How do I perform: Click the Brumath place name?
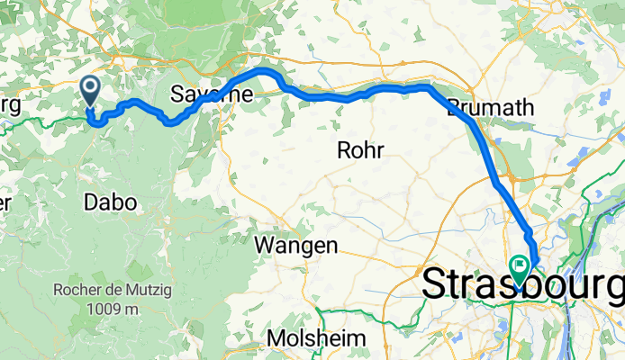491,106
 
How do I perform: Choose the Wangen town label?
296,245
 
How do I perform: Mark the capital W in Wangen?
264,245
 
